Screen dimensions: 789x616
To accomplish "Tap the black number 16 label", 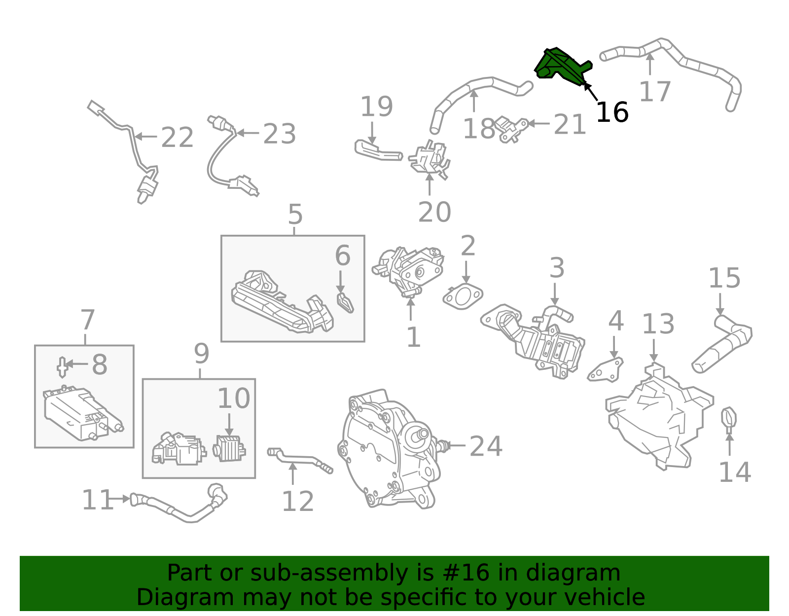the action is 612,112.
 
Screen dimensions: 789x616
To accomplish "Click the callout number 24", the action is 486,446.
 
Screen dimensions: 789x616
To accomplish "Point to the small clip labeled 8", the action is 63,367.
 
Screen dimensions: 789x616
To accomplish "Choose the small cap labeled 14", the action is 728,420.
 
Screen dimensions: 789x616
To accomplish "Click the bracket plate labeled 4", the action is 606,370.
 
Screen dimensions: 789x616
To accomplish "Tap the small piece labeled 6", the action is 345,303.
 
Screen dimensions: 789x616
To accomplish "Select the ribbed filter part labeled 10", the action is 229,448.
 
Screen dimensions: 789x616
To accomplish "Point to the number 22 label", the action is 177,137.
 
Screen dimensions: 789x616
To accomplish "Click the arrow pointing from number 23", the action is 248,133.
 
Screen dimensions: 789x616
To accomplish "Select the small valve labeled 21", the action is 510,129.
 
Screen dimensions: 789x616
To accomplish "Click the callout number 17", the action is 655,91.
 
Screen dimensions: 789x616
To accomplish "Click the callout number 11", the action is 97,500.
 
